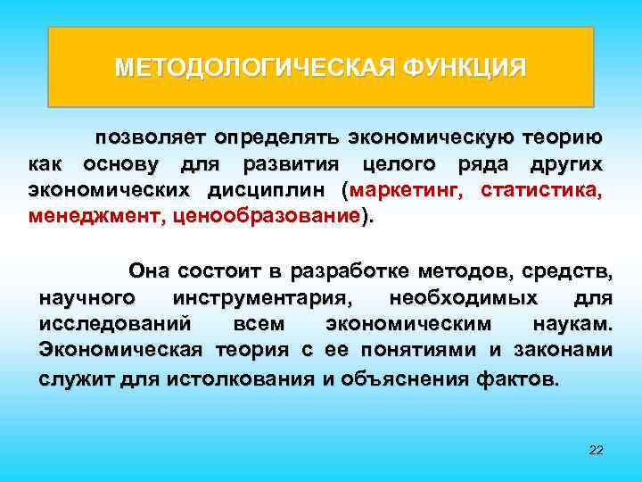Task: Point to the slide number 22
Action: [597, 449]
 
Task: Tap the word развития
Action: [279, 165]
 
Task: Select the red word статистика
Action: [541, 191]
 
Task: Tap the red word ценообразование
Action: [267, 216]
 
